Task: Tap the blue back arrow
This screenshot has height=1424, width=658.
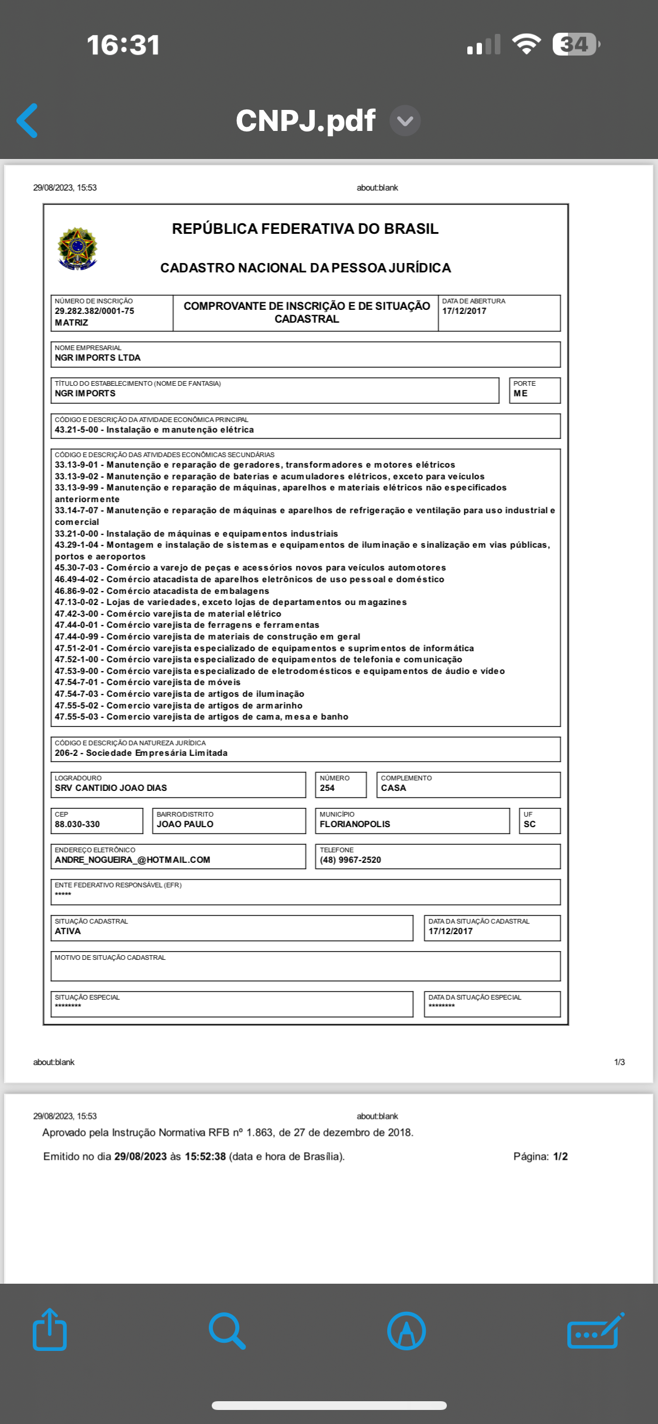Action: (27, 120)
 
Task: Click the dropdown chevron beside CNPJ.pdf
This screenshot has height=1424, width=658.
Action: (405, 120)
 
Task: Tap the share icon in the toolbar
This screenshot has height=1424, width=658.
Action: (50, 1330)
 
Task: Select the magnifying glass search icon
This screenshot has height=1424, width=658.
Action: (227, 1331)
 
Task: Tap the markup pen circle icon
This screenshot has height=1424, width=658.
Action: (406, 1331)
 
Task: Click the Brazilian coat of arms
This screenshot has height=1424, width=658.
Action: (77, 249)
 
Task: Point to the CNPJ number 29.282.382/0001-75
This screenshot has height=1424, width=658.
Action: (94, 311)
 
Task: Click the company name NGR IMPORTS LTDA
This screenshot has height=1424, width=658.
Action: (98, 358)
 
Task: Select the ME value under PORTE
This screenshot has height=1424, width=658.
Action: (521, 393)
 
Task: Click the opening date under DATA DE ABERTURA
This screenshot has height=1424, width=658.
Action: (464, 311)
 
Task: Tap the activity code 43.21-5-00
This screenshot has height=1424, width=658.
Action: (77, 430)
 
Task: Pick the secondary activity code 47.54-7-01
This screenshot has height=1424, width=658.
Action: (77, 682)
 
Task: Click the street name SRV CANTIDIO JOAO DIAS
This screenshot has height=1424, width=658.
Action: (111, 788)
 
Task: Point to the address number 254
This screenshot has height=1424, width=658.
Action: (327, 788)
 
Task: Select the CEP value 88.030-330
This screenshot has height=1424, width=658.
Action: (77, 824)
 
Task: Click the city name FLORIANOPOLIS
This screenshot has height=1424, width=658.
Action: (354, 824)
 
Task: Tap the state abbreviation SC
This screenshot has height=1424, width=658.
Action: (529, 824)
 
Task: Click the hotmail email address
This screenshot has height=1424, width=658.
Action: (132, 860)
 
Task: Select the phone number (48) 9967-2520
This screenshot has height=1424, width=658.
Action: (350, 860)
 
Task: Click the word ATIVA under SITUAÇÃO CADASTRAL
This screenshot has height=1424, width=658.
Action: (68, 931)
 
